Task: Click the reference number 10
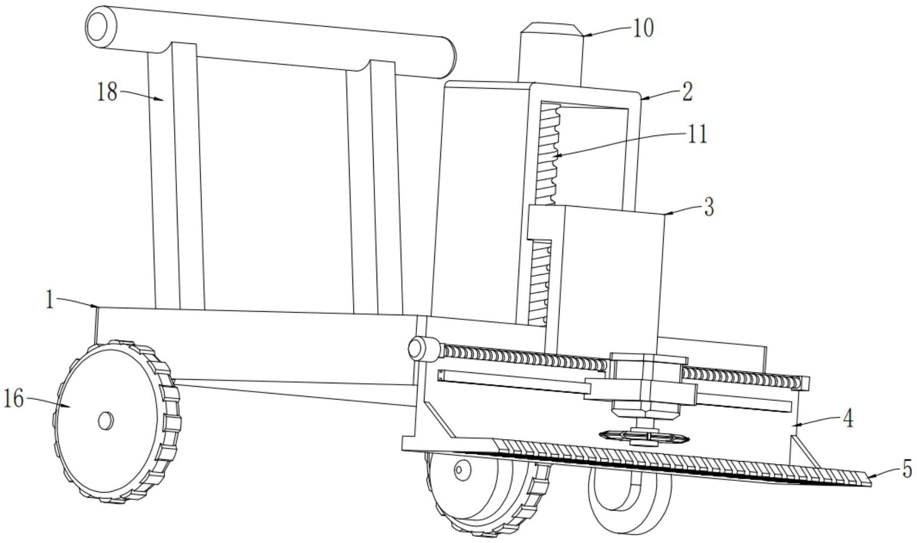[643, 28]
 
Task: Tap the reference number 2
[687, 92]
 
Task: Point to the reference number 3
[709, 207]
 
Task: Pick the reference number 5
[907, 469]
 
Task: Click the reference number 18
[107, 92]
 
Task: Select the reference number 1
[49, 299]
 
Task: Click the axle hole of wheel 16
[106, 421]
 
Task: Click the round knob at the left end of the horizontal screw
[417, 348]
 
